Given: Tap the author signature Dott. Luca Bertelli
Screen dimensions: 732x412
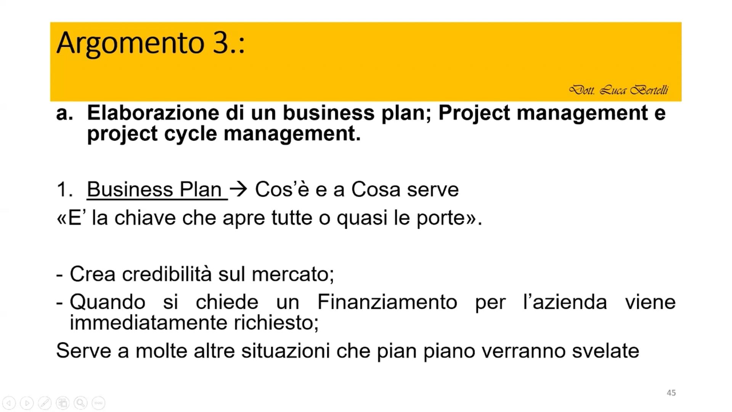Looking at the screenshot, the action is (x=618, y=90).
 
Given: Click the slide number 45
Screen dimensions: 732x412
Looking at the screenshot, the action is (x=671, y=393).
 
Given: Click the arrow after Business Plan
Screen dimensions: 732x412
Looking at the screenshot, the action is (x=239, y=189).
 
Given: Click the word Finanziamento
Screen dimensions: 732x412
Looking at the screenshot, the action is (x=387, y=302).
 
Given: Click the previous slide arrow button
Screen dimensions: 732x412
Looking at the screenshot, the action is (x=9, y=403).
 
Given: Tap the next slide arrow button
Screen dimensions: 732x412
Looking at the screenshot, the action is (x=27, y=403).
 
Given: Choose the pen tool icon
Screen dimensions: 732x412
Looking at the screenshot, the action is (x=45, y=403).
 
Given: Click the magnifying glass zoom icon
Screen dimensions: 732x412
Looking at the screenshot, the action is (x=80, y=403).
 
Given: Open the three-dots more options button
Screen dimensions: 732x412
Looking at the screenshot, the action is (x=98, y=403).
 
